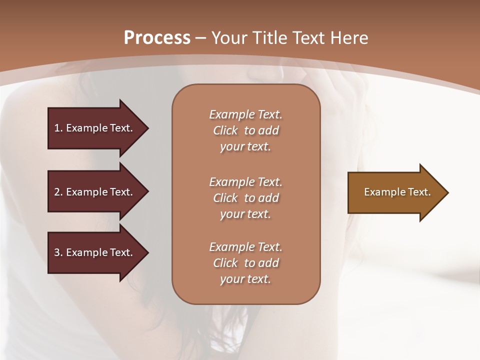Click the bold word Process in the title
click(157, 38)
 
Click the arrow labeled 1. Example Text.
click(95, 128)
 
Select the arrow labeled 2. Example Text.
click(95, 192)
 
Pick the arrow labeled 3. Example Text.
click(95, 252)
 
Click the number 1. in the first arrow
click(58, 128)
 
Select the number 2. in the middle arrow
click(58, 192)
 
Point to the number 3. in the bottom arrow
click(58, 252)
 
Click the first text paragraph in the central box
click(245, 130)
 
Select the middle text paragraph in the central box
click(245, 198)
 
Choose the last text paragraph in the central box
click(245, 263)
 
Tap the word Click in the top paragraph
click(225, 130)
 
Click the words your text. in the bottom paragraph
click(245, 279)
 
